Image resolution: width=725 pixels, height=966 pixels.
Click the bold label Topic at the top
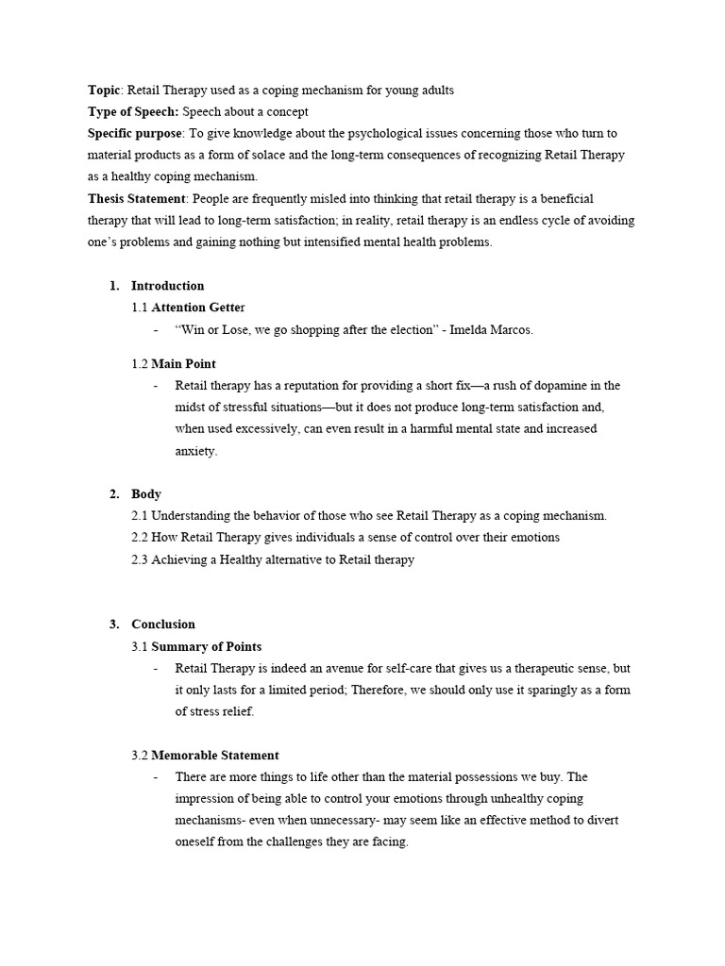pos(104,91)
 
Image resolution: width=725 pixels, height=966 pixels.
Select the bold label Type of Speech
pos(132,112)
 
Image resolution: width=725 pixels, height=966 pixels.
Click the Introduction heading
pos(167,286)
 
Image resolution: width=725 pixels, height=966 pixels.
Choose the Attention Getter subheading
pos(197,308)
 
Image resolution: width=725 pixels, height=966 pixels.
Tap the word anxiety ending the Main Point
pos(195,451)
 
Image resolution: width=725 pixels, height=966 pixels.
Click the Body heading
pos(146,494)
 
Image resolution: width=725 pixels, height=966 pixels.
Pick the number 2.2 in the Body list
pos(140,538)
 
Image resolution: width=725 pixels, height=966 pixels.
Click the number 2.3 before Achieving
pos(140,559)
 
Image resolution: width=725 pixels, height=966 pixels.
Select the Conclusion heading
pos(163,625)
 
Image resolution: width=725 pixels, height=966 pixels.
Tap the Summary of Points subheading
pos(206,647)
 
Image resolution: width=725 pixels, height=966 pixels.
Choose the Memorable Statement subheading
pos(214,756)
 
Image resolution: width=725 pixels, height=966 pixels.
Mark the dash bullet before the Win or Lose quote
pos(155,330)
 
